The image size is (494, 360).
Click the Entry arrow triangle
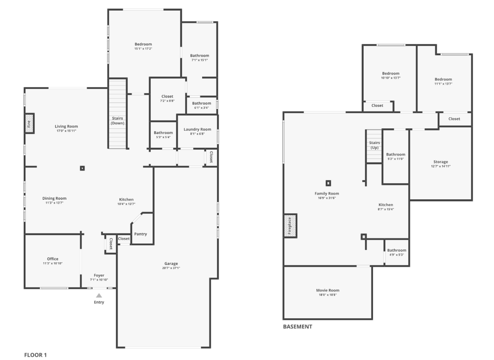tap(99, 295)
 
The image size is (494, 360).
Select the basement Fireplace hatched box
tap(290, 225)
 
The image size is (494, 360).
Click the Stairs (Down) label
tap(118, 120)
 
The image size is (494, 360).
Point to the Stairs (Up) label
tap(374, 145)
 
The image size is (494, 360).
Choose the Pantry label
tap(141, 234)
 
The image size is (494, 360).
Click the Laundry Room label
tap(197, 130)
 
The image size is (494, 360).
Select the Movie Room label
tap(327, 290)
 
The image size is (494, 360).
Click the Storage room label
tap(440, 162)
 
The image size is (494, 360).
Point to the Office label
tap(53, 259)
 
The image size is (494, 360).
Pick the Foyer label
tap(99, 275)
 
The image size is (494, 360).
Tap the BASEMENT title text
tap(297, 327)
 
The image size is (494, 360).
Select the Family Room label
tap(327, 193)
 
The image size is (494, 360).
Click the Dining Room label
tap(54, 198)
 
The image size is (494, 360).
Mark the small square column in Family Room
tap(328, 183)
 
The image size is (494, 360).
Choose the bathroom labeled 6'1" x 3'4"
tap(201, 103)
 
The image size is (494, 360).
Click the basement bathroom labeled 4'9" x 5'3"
tap(396, 250)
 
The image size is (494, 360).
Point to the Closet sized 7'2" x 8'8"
tap(167, 96)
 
